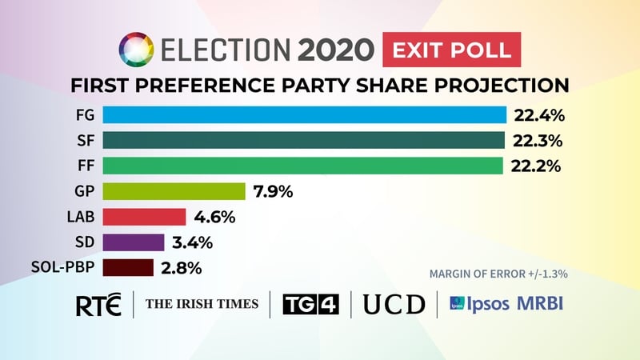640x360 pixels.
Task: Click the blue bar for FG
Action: pyautogui.click(x=304, y=115)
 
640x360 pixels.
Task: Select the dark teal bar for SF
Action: pyautogui.click(x=303, y=141)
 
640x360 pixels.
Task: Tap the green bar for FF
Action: pyautogui.click(x=302, y=166)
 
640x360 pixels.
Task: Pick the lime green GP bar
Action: pyautogui.click(x=174, y=191)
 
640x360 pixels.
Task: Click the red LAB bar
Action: pyautogui.click(x=144, y=217)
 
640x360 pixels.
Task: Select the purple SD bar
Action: pyautogui.click(x=134, y=242)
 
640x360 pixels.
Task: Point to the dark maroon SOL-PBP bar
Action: pyautogui.click(x=128, y=267)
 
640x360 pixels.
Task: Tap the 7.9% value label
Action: pyautogui.click(x=274, y=191)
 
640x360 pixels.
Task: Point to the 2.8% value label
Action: pyautogui.click(x=181, y=267)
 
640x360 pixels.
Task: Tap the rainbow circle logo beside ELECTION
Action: pyautogui.click(x=134, y=50)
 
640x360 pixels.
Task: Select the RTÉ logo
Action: pyautogui.click(x=98, y=305)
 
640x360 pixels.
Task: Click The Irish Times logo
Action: pyautogui.click(x=202, y=304)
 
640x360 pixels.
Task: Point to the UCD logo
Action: pyautogui.click(x=394, y=305)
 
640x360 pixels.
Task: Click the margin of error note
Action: pyautogui.click(x=498, y=273)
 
